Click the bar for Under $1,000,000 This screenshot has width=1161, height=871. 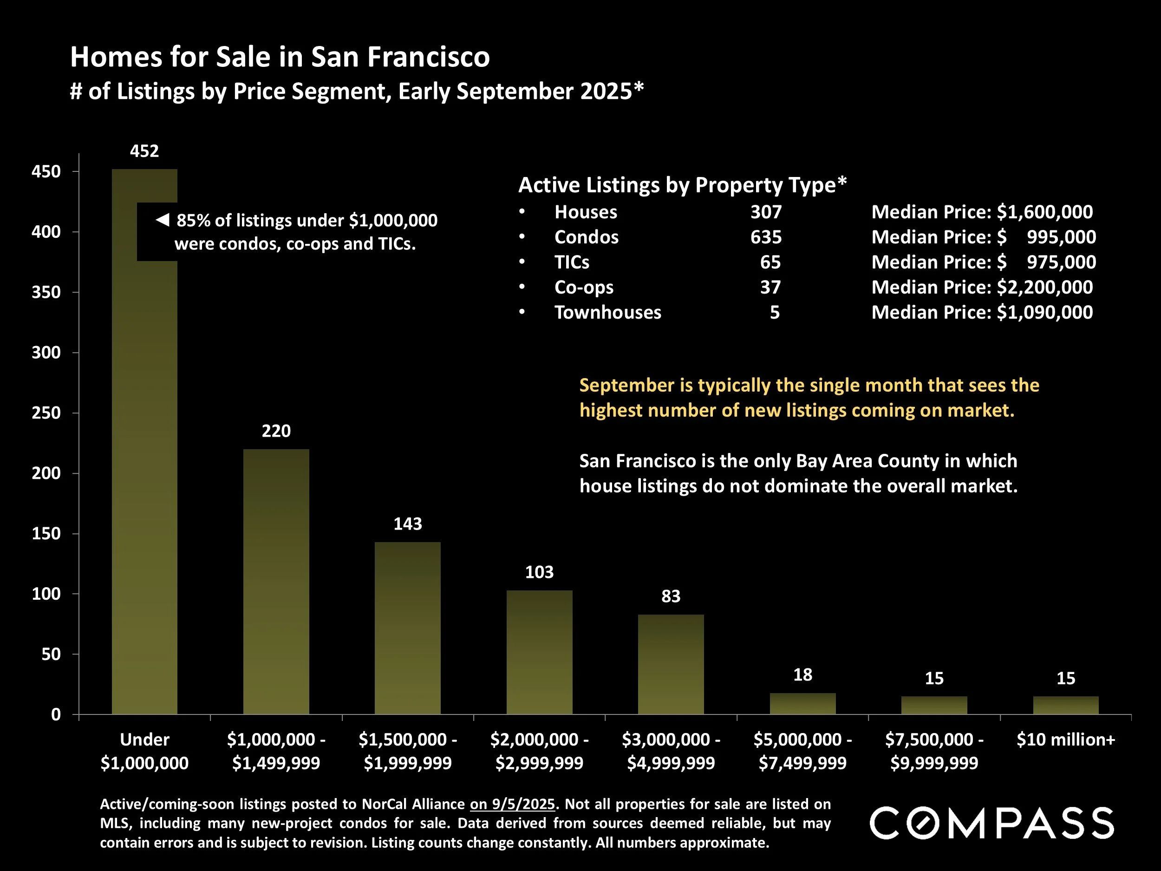[144, 472]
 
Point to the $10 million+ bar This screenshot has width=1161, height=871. [1065, 705]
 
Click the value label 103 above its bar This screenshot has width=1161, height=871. [539, 572]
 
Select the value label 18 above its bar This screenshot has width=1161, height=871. [802, 675]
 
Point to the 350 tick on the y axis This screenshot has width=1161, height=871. [46, 293]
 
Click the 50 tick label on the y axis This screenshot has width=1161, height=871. [52, 655]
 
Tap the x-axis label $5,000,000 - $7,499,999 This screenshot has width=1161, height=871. [802, 751]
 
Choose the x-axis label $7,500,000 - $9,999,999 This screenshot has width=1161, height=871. [934, 751]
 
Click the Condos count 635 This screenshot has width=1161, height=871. [766, 237]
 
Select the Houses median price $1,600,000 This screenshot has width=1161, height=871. [1044, 212]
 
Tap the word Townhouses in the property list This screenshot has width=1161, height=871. [608, 312]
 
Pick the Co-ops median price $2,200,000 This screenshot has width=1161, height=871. [1044, 287]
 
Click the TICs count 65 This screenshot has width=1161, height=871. [770, 262]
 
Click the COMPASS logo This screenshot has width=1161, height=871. [992, 823]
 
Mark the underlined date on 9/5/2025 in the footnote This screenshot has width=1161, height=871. [512, 804]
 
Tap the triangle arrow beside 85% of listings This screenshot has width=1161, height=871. [163, 220]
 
